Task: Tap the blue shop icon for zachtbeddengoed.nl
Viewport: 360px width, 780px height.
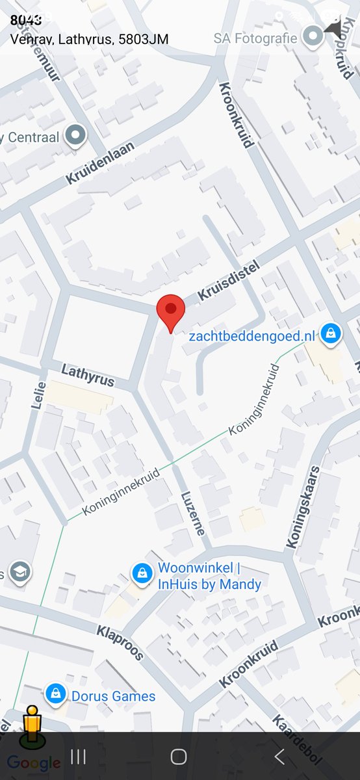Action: click(x=331, y=335)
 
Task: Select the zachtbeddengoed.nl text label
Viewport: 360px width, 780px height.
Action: click(x=251, y=336)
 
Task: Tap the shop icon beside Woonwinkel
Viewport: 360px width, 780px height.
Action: click(x=141, y=573)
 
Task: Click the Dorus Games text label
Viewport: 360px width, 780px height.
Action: click(x=113, y=696)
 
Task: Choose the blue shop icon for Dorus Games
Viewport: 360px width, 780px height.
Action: click(x=56, y=694)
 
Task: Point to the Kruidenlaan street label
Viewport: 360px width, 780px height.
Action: click(x=101, y=162)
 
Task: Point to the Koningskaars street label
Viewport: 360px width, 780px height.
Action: click(x=303, y=507)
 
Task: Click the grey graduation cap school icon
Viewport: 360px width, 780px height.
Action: click(x=20, y=571)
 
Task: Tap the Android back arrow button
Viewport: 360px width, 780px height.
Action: click(x=279, y=756)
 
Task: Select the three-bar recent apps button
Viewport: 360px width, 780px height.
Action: click(x=78, y=756)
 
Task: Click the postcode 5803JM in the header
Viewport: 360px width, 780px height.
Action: click(x=144, y=40)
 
